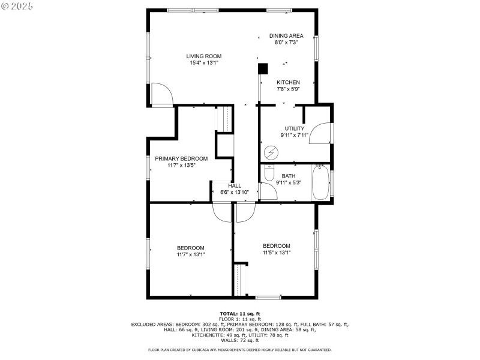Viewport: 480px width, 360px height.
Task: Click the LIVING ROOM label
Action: [x=203, y=56]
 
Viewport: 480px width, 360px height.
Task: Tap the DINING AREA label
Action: [x=286, y=35]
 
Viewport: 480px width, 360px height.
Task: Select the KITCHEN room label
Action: [x=288, y=82]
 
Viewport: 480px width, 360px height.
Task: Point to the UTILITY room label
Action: [x=295, y=128]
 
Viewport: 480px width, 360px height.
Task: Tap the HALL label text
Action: [x=235, y=186]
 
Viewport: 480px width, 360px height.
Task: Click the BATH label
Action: [x=289, y=176]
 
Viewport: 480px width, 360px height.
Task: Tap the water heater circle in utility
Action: [x=271, y=153]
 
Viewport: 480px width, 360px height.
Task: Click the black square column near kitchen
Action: [x=263, y=69]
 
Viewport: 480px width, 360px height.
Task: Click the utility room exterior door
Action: [x=322, y=132]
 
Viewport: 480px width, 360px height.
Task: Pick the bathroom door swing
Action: [x=268, y=191]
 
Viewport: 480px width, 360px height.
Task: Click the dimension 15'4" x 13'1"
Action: [x=203, y=63]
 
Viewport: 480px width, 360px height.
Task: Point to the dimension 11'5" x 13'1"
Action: [x=277, y=253]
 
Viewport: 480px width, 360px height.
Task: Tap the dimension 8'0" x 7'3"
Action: [x=286, y=42]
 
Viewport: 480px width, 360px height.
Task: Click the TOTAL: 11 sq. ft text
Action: [x=240, y=314]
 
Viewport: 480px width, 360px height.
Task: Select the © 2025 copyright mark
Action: [x=17, y=5]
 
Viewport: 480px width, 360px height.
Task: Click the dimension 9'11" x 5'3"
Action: [x=289, y=182]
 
